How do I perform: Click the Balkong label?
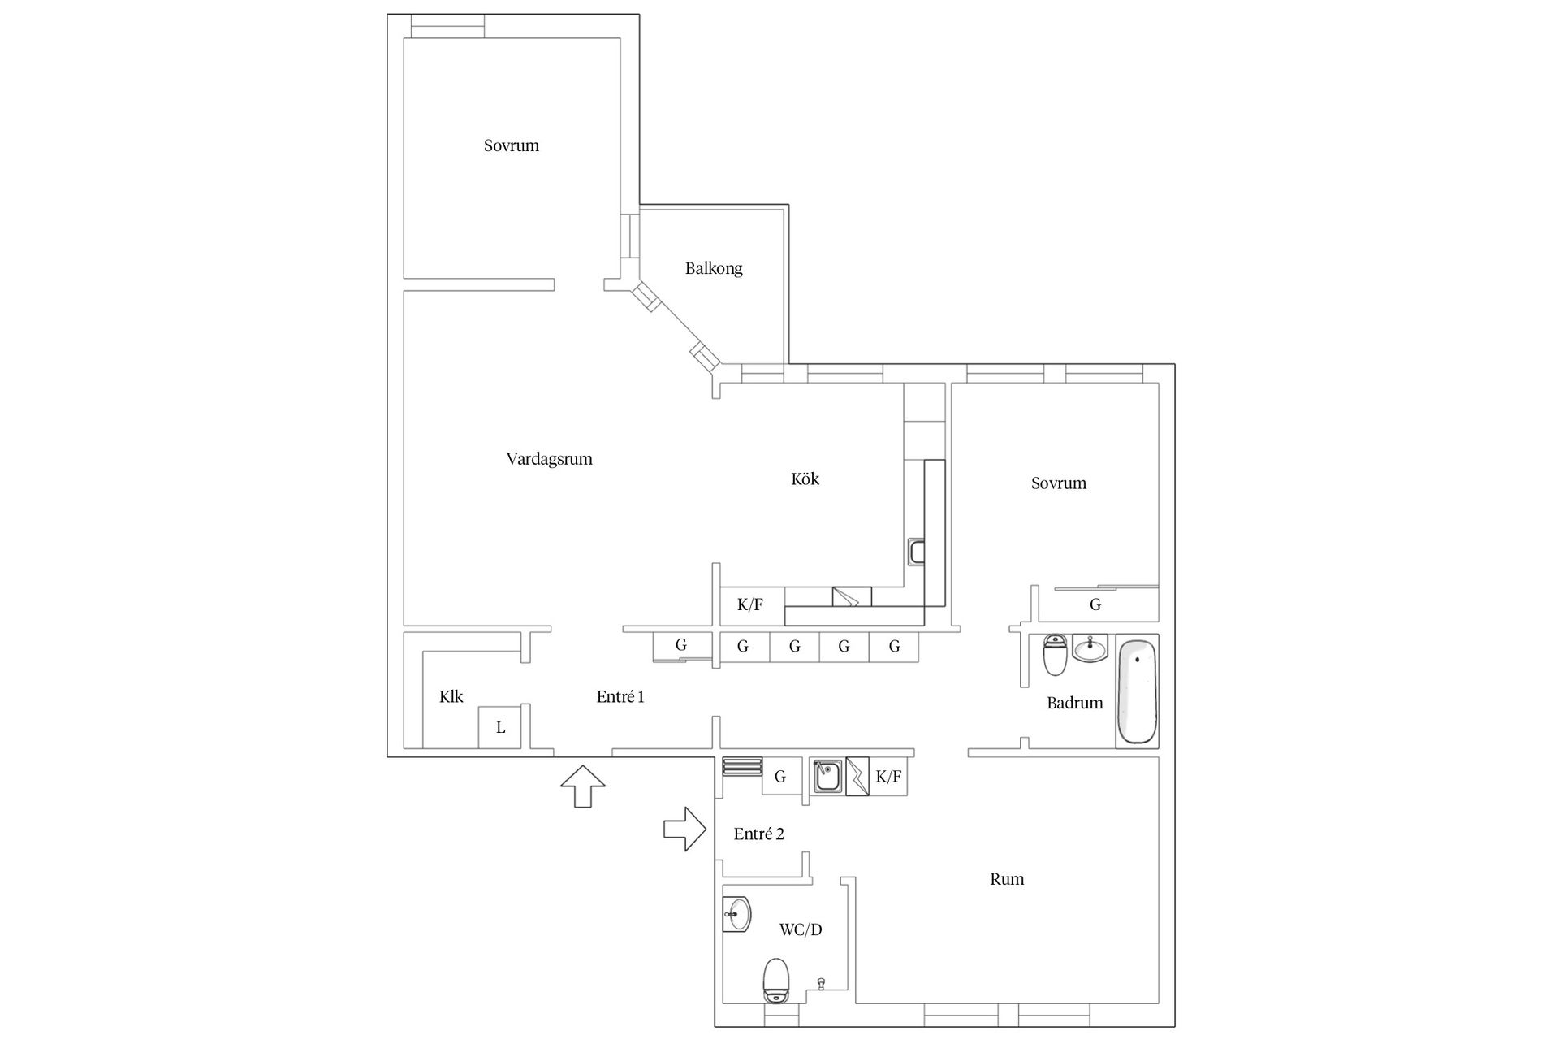pyautogui.click(x=714, y=268)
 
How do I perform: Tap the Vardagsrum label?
pyautogui.click(x=550, y=459)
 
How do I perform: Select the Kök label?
pyautogui.click(x=805, y=479)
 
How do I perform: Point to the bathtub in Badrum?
pyautogui.click(x=1137, y=691)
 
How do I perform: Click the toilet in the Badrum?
pyautogui.click(x=1055, y=655)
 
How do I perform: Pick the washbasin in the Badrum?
pyautogui.click(x=1090, y=649)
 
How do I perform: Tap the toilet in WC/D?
pyautogui.click(x=776, y=981)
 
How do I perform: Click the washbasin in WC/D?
pyautogui.click(x=737, y=915)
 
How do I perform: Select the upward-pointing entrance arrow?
pyautogui.click(x=583, y=786)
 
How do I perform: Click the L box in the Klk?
pyautogui.click(x=500, y=727)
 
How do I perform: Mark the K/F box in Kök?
pyautogui.click(x=751, y=605)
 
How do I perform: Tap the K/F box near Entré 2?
pyautogui.click(x=888, y=777)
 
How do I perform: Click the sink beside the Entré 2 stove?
pyautogui.click(x=827, y=776)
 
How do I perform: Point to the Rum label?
pyautogui.click(x=1007, y=879)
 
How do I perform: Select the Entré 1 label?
pyautogui.click(x=620, y=697)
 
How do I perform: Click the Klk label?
pyautogui.click(x=451, y=697)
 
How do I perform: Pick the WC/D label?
pyautogui.click(x=801, y=929)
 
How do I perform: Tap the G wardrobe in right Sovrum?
pyautogui.click(x=1095, y=604)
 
